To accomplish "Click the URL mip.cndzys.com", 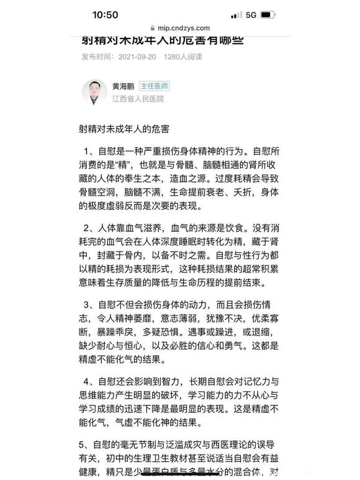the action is tap(184, 28).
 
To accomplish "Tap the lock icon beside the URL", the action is tap(153, 28).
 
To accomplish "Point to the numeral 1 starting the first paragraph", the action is tap(88, 152).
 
